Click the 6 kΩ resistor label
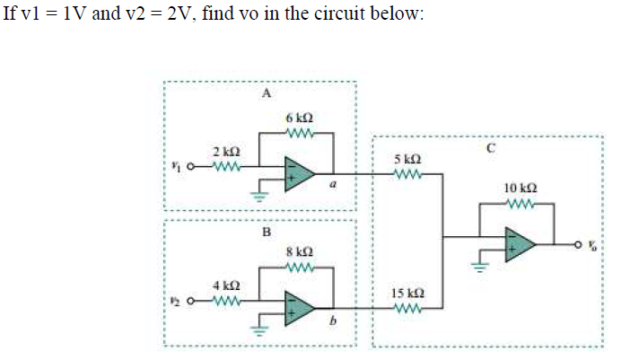click(x=299, y=119)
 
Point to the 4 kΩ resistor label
click(x=224, y=285)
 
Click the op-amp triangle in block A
click(x=300, y=172)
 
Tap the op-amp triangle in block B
click(x=300, y=308)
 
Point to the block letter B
click(x=266, y=231)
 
